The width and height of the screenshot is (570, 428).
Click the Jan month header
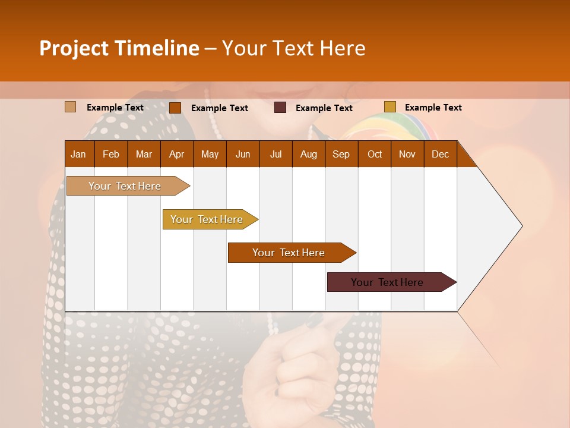point(78,154)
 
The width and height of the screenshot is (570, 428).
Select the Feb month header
point(111,154)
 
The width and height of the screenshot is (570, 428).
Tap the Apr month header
point(176,154)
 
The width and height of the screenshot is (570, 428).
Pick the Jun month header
point(243,154)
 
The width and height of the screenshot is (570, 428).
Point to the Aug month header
point(308,154)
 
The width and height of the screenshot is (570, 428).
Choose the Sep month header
point(341,154)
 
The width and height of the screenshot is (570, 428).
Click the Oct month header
point(375,154)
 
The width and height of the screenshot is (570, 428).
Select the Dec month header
point(440,154)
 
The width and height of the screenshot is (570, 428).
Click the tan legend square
point(71,107)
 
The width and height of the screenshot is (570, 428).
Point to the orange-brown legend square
point(175,108)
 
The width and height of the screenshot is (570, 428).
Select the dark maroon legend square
point(280,108)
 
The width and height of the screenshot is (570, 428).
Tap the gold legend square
point(390,107)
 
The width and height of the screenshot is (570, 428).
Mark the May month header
point(210,154)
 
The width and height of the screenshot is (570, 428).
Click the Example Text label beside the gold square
point(433,108)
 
